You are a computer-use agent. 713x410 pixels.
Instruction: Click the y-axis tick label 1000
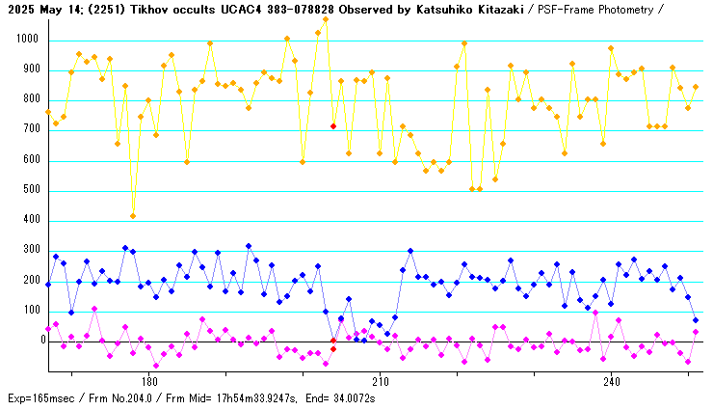pyautogui.click(x=26, y=41)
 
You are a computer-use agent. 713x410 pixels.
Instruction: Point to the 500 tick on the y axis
pyautogui.click(x=29, y=190)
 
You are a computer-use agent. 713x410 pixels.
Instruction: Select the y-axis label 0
pyautogui.click(x=37, y=341)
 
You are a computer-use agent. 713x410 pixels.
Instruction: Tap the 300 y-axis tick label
pyautogui.click(x=29, y=251)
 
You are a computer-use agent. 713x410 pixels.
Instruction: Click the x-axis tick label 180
pyautogui.click(x=148, y=380)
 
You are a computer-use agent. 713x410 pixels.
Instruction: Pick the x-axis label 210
pyautogui.click(x=380, y=380)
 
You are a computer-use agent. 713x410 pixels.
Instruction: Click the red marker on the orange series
pyautogui.click(x=333, y=126)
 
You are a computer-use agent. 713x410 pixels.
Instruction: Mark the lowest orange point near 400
pyautogui.click(x=133, y=215)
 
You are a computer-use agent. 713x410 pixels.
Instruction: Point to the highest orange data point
pyautogui.click(x=326, y=19)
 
